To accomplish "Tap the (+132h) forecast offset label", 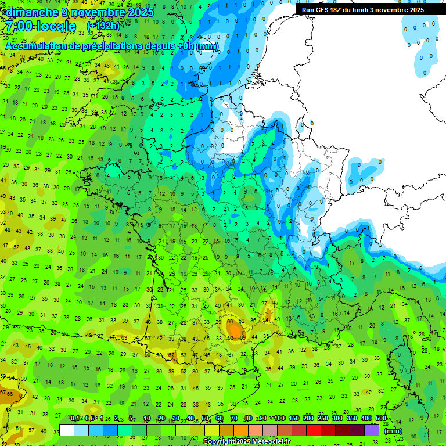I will coord(103,26).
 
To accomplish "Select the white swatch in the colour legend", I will coord(67,430).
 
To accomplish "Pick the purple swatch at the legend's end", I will coord(371,430).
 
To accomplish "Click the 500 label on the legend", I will coord(381,419).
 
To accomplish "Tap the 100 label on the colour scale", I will coord(279,419).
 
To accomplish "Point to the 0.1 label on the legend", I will coord(75,419).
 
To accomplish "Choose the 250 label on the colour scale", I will coord(323,419).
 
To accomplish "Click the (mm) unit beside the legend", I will coord(393,431).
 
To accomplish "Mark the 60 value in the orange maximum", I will coord(231,322).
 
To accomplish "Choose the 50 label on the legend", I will coord(205,419).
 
